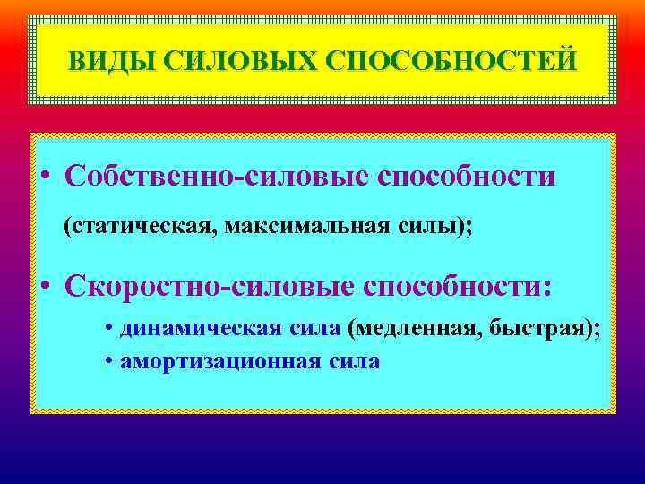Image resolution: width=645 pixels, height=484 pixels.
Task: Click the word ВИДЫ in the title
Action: pos(101,60)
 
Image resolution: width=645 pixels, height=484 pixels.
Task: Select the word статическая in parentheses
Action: pos(140,227)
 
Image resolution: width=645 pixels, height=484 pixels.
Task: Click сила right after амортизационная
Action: pos(357,362)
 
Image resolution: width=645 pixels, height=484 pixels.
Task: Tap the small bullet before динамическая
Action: pos(107,329)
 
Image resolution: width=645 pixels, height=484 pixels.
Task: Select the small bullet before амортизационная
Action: pos(107,363)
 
